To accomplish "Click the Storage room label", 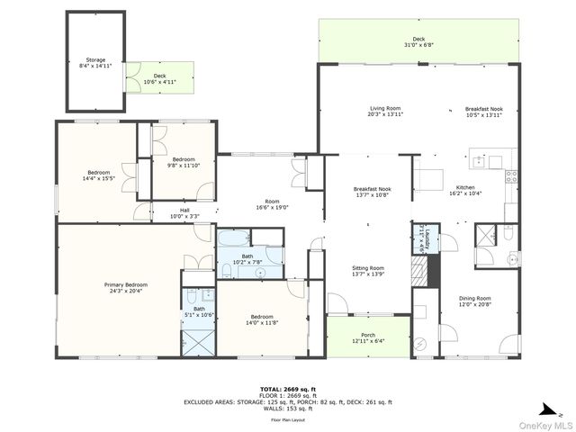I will (x=95, y=63).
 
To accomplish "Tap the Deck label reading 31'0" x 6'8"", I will (x=418, y=41).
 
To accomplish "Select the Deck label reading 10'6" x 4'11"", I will (x=159, y=79).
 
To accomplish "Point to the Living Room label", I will (x=384, y=112).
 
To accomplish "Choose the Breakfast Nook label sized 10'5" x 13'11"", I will (x=484, y=112).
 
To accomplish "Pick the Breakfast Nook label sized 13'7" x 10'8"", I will (x=372, y=191).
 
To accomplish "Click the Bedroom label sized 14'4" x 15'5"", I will (x=99, y=175).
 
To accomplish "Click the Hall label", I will (x=184, y=213).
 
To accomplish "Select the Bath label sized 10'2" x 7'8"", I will (x=247, y=259).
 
